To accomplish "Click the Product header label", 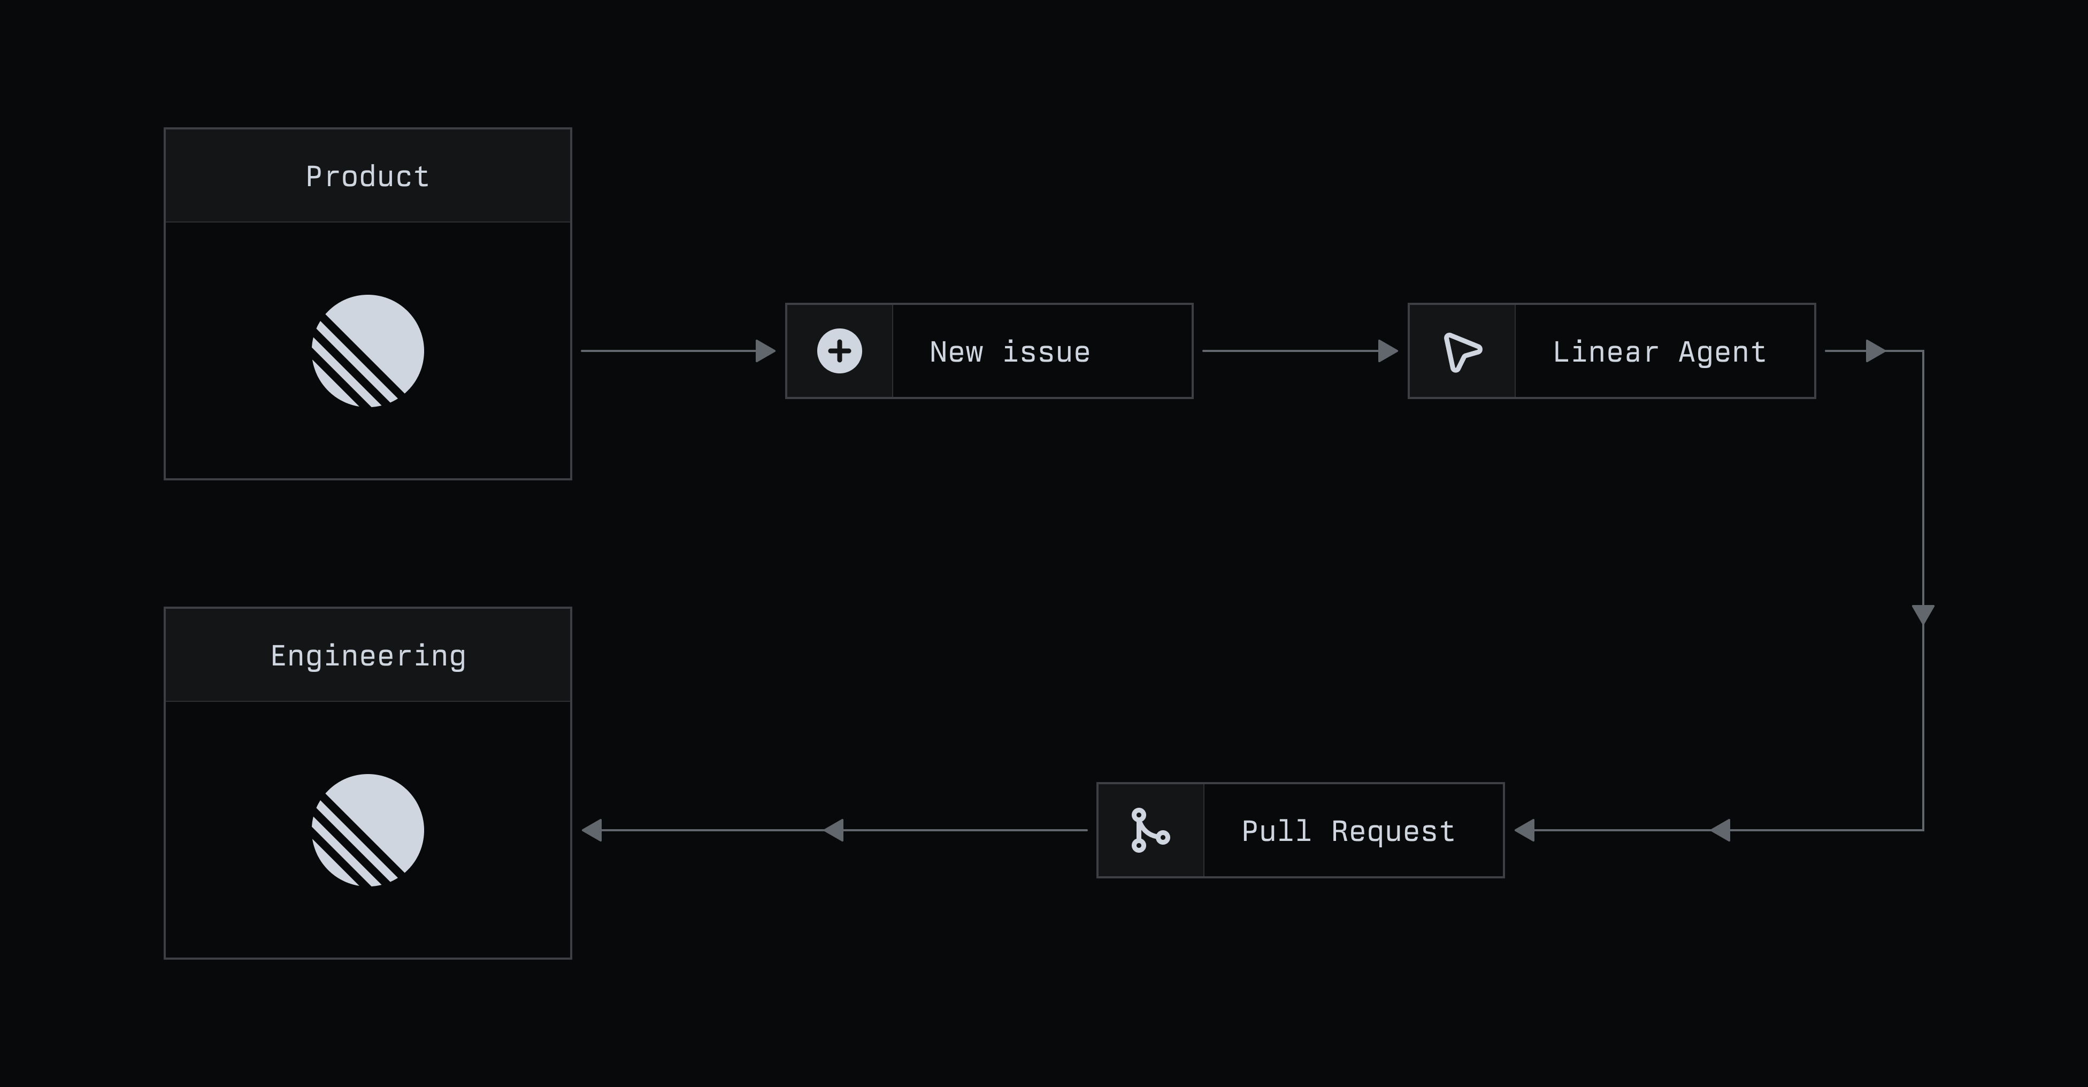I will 367,177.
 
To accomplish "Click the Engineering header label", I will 368,656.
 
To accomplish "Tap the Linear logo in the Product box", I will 368,351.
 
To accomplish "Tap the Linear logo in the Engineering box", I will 368,830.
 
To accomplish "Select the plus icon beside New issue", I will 839,351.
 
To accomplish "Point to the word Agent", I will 1722,352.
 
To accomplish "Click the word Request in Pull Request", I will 1393,831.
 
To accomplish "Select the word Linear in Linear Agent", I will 1605,352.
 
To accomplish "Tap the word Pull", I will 1276,831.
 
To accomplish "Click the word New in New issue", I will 956,352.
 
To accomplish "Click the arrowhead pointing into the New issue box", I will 764,351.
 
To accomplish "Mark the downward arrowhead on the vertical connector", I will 1923,614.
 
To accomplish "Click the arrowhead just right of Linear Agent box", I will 1874,351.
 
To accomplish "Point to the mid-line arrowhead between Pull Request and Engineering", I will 834,830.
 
